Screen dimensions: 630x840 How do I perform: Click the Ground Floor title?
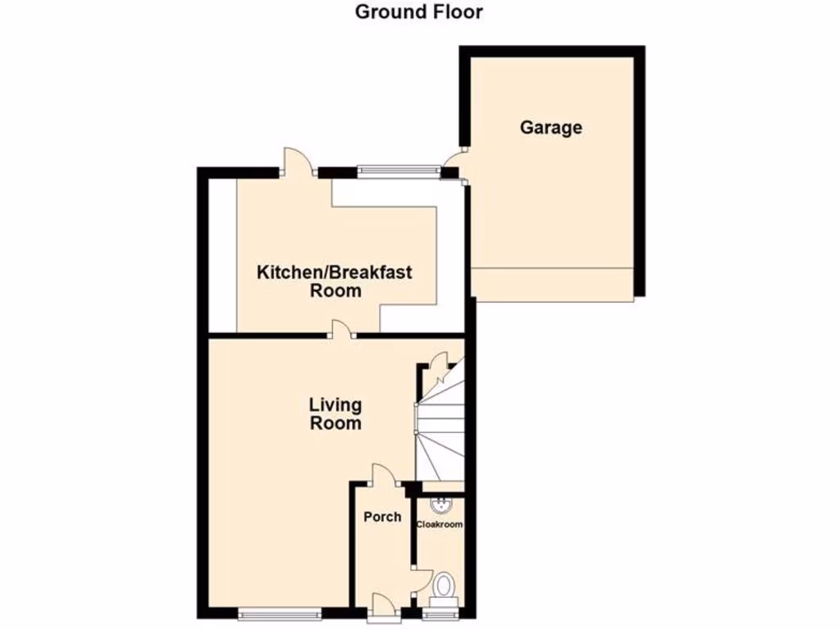(419, 11)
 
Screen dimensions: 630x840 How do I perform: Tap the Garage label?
(550, 127)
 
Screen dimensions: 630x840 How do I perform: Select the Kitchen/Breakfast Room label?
(335, 281)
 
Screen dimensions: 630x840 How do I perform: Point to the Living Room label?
(335, 413)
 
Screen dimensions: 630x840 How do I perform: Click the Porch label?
(382, 517)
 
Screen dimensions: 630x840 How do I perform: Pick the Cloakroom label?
(440, 524)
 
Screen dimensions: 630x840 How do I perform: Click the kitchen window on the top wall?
(397, 171)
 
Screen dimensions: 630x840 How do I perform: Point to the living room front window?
(280, 612)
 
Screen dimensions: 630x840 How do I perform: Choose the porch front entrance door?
(381, 605)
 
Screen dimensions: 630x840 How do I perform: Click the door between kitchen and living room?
(340, 330)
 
